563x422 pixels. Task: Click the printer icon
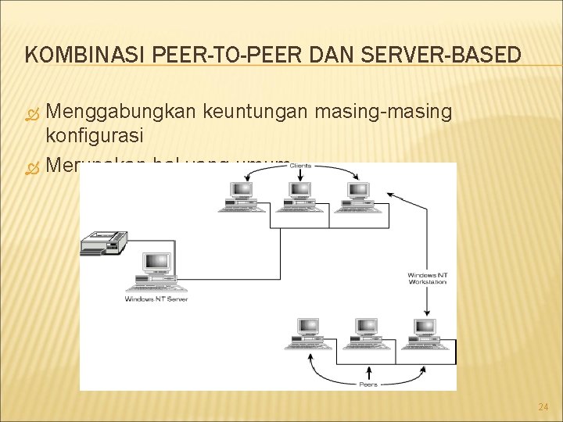tap(103, 243)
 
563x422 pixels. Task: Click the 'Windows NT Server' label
tap(156, 299)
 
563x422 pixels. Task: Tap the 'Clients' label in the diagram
tap(300, 166)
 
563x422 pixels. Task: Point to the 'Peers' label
tap(368, 384)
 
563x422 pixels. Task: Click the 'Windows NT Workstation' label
tap(427, 278)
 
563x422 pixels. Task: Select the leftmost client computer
tap(240, 195)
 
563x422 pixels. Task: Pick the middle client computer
tap(299, 195)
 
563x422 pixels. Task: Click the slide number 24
tap(543, 406)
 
